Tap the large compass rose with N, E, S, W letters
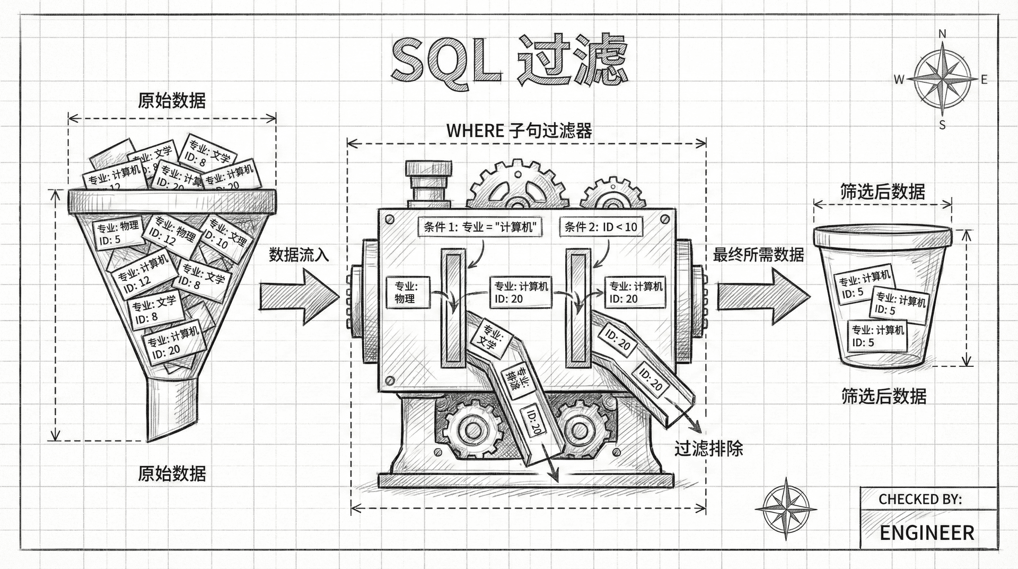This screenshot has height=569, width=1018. pos(942,80)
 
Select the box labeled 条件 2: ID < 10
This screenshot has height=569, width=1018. pos(600,227)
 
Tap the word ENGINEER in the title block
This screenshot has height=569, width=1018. pos(927,532)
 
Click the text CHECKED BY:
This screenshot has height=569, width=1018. pos(920,499)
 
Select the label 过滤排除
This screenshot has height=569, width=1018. pos(708,449)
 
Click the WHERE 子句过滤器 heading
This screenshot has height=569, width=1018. pos(519,130)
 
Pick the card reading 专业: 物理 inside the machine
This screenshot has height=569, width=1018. pos(406,292)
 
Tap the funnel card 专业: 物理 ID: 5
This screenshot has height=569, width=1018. pos(117,232)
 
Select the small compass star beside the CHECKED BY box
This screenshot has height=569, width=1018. pos(786,507)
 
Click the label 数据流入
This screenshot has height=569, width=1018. pos(299,255)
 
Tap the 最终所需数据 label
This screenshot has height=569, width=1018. pos(758,255)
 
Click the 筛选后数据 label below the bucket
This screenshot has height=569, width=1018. pos(884,396)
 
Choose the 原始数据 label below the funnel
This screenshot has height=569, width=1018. pos(172,473)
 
